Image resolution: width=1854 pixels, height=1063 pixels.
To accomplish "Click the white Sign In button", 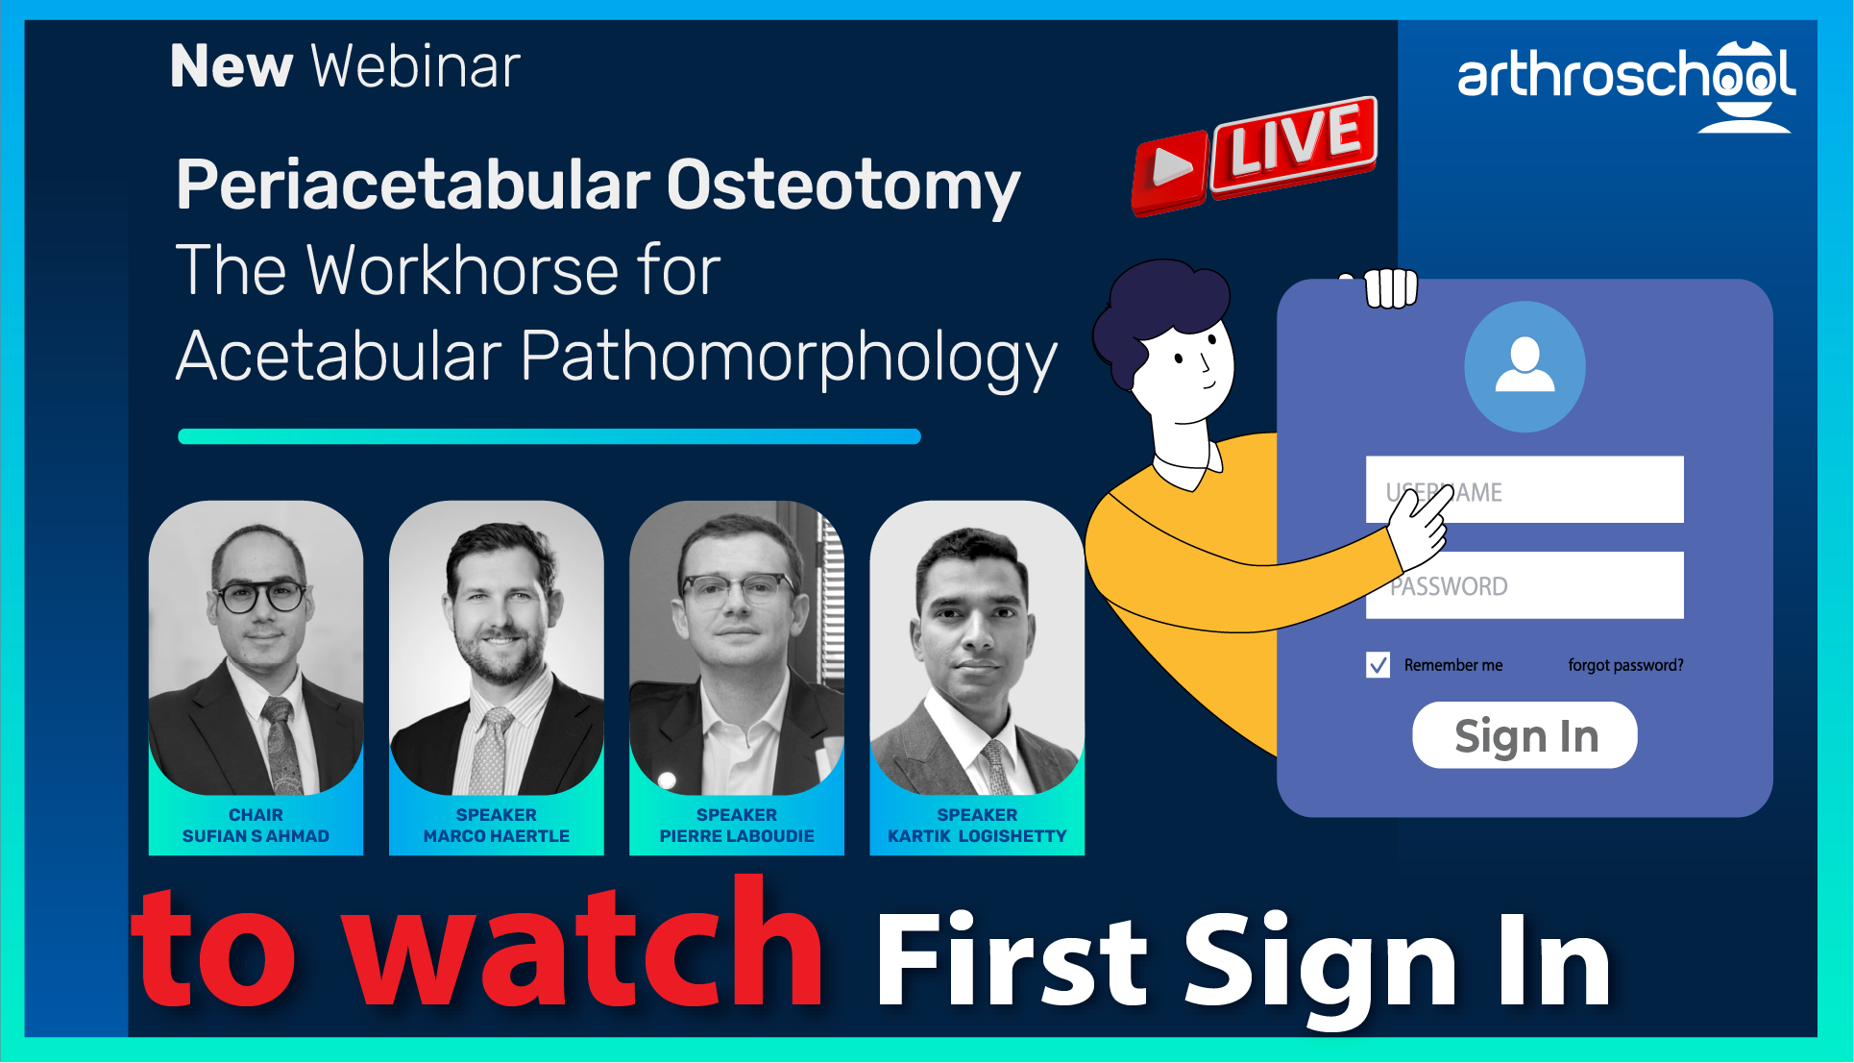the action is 1525,735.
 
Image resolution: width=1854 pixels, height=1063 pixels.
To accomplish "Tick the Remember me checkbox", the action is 1378,665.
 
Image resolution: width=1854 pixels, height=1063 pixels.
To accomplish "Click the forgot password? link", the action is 1625,665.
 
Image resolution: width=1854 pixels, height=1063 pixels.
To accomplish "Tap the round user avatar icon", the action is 1525,366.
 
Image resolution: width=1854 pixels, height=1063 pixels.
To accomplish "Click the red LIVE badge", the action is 1293,146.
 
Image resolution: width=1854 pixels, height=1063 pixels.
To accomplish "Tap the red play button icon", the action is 1169,171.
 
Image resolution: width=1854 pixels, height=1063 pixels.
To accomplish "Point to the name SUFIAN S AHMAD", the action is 256,836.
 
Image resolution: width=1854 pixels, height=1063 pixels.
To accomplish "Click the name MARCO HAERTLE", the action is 496,836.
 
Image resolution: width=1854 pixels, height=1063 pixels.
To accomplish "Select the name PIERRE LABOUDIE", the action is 737,836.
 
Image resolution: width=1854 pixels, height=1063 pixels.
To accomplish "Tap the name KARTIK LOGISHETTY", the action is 977,836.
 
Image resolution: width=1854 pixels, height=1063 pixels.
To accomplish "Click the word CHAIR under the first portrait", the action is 256,815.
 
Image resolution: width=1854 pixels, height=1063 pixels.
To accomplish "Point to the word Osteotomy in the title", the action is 842,185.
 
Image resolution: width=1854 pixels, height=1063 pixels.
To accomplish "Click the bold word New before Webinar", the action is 231,66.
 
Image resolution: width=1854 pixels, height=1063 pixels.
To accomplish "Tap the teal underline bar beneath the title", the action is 549,436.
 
